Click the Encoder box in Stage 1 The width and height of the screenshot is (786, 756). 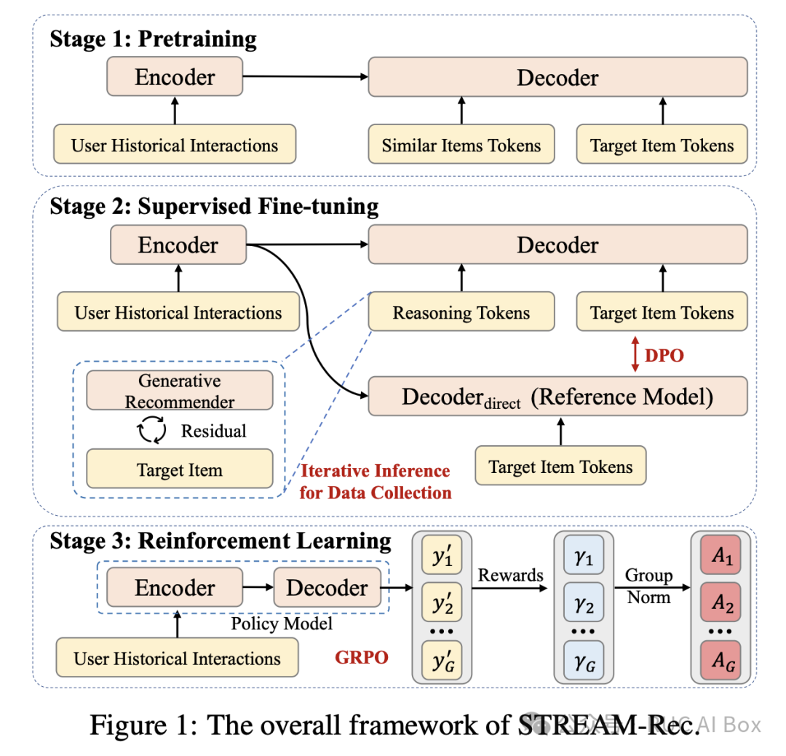point(175,77)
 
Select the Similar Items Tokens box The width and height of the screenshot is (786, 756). point(461,146)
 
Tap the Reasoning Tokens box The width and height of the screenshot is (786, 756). point(461,313)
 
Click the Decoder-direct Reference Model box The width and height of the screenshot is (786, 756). point(557,397)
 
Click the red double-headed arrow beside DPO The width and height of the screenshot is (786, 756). point(635,354)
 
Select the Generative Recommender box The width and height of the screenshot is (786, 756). point(180,391)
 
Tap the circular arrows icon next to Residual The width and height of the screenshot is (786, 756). point(152,431)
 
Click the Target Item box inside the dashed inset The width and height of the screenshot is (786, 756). point(180,469)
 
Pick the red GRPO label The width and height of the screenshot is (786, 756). point(362,658)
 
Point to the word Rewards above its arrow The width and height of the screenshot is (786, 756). point(510,576)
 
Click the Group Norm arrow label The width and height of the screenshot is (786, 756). point(649,586)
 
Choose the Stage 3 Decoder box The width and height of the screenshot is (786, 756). point(327,588)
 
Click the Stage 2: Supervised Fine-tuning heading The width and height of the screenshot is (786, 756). point(214,207)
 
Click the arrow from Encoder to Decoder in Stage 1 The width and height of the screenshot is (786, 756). point(306,76)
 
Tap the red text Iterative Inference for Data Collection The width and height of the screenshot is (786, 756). point(376,482)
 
